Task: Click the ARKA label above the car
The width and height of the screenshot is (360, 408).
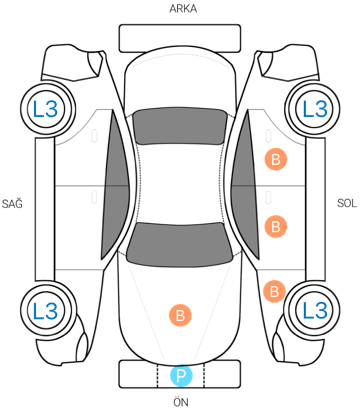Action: pyautogui.click(x=183, y=9)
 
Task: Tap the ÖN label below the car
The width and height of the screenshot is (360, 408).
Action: pyautogui.click(x=181, y=401)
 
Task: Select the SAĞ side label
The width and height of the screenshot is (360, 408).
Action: pyautogui.click(x=12, y=203)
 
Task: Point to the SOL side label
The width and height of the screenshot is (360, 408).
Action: pyautogui.click(x=347, y=203)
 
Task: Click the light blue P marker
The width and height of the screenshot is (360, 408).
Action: pyautogui.click(x=181, y=375)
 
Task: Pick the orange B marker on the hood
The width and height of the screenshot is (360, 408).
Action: pyautogui.click(x=180, y=315)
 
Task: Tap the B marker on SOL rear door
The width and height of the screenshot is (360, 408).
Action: pyautogui.click(x=276, y=160)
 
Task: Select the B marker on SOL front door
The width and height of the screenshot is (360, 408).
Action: pyautogui.click(x=276, y=227)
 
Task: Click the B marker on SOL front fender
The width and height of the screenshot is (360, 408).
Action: pyautogui.click(x=274, y=292)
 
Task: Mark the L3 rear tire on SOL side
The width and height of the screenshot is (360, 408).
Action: pyautogui.click(x=314, y=109)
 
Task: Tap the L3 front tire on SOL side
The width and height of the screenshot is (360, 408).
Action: pyautogui.click(x=314, y=310)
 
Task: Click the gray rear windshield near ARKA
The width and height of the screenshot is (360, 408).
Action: pyautogui.click(x=179, y=126)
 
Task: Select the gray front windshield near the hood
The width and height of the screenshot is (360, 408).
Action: pyautogui.click(x=180, y=244)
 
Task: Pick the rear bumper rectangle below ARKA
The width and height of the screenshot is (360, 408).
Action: pyautogui.click(x=180, y=38)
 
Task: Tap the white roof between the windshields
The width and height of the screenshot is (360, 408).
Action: pyautogui.click(x=180, y=183)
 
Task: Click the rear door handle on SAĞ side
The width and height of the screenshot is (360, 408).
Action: pyautogui.click(x=94, y=136)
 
